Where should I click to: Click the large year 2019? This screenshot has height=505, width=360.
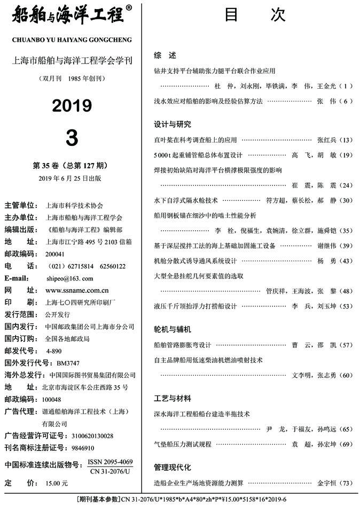coord(72,106)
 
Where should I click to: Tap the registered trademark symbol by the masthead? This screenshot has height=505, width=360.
coord(129,8)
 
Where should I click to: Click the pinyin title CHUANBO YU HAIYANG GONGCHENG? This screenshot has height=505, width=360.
coord(71,40)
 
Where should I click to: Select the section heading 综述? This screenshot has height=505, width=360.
coord(161,55)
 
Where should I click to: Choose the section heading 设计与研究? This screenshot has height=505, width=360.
coord(172,125)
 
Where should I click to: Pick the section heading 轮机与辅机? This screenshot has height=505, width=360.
coord(172,329)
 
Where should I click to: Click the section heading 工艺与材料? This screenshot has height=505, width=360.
coord(172,399)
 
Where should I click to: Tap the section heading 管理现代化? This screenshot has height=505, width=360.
coord(172,468)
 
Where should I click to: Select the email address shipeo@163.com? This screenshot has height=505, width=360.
coord(69,278)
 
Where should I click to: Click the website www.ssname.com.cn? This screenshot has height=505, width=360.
coord(77,291)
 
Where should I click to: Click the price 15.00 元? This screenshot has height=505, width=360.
coord(57,483)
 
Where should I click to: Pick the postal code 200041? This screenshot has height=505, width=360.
coord(55,254)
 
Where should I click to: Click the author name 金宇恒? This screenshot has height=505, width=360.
coord(327,483)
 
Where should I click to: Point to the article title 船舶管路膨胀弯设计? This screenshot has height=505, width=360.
coord(183,345)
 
